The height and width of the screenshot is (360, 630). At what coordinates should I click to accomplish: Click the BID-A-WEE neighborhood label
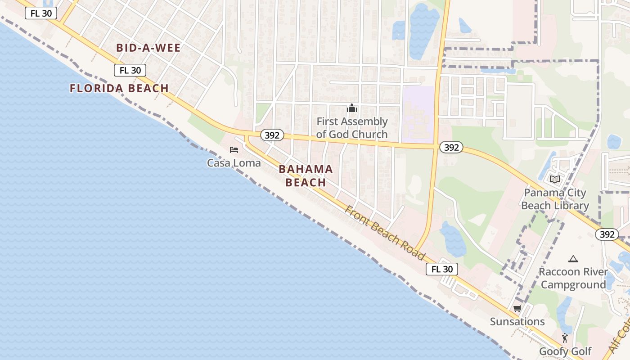click(x=148, y=48)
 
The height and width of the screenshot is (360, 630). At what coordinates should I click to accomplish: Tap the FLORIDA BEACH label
click(x=119, y=88)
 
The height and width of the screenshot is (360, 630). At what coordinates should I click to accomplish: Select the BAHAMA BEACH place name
click(x=306, y=175)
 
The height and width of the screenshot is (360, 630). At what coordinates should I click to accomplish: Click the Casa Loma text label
click(x=234, y=162)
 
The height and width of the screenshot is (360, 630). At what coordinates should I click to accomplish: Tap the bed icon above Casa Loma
click(x=234, y=150)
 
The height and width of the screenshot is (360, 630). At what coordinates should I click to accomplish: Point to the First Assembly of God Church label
click(x=352, y=128)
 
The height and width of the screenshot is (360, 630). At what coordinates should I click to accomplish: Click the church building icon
click(x=352, y=108)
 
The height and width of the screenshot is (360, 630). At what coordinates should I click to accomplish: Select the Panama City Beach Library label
click(x=555, y=199)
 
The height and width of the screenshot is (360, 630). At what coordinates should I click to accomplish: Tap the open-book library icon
click(x=555, y=180)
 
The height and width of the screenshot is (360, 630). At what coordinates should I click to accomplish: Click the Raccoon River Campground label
click(x=573, y=278)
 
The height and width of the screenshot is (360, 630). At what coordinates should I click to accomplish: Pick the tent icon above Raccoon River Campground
click(x=573, y=259)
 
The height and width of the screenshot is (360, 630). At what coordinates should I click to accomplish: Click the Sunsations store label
click(x=517, y=322)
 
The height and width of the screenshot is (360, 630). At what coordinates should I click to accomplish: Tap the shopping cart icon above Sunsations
click(x=517, y=309)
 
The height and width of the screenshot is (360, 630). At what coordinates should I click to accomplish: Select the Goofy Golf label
click(x=565, y=351)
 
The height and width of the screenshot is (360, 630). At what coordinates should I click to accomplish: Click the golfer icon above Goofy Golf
click(x=565, y=338)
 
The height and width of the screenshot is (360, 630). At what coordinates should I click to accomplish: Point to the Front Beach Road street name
click(x=385, y=233)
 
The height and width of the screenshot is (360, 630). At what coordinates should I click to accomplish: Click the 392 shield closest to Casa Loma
click(x=272, y=135)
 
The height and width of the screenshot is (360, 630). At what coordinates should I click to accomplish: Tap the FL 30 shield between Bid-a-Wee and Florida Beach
click(x=130, y=70)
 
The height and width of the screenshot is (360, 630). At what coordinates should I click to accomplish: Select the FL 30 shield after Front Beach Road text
click(x=442, y=269)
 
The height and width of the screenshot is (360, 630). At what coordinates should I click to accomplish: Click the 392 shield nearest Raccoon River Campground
click(x=607, y=234)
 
